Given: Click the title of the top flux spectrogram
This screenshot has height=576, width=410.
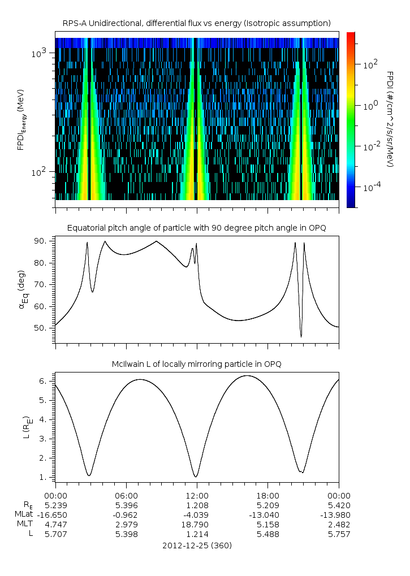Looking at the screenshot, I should (196, 23).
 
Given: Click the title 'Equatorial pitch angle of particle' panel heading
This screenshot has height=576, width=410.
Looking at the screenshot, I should (196, 228).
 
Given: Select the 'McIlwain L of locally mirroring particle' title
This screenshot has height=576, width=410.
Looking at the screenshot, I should (196, 363).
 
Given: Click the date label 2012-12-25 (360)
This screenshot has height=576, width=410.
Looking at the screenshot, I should (197, 545).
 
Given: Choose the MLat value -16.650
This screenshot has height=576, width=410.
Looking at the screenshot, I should (55, 514).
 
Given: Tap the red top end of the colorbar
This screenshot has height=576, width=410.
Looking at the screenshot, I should (351, 35).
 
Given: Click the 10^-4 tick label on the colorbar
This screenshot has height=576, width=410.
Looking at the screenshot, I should (371, 187).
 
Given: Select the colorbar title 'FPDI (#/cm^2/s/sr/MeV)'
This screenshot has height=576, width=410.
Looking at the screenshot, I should (390, 119).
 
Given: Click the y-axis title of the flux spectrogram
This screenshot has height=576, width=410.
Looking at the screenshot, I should (21, 119).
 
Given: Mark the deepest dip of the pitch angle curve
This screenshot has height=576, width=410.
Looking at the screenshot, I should (301, 337).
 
